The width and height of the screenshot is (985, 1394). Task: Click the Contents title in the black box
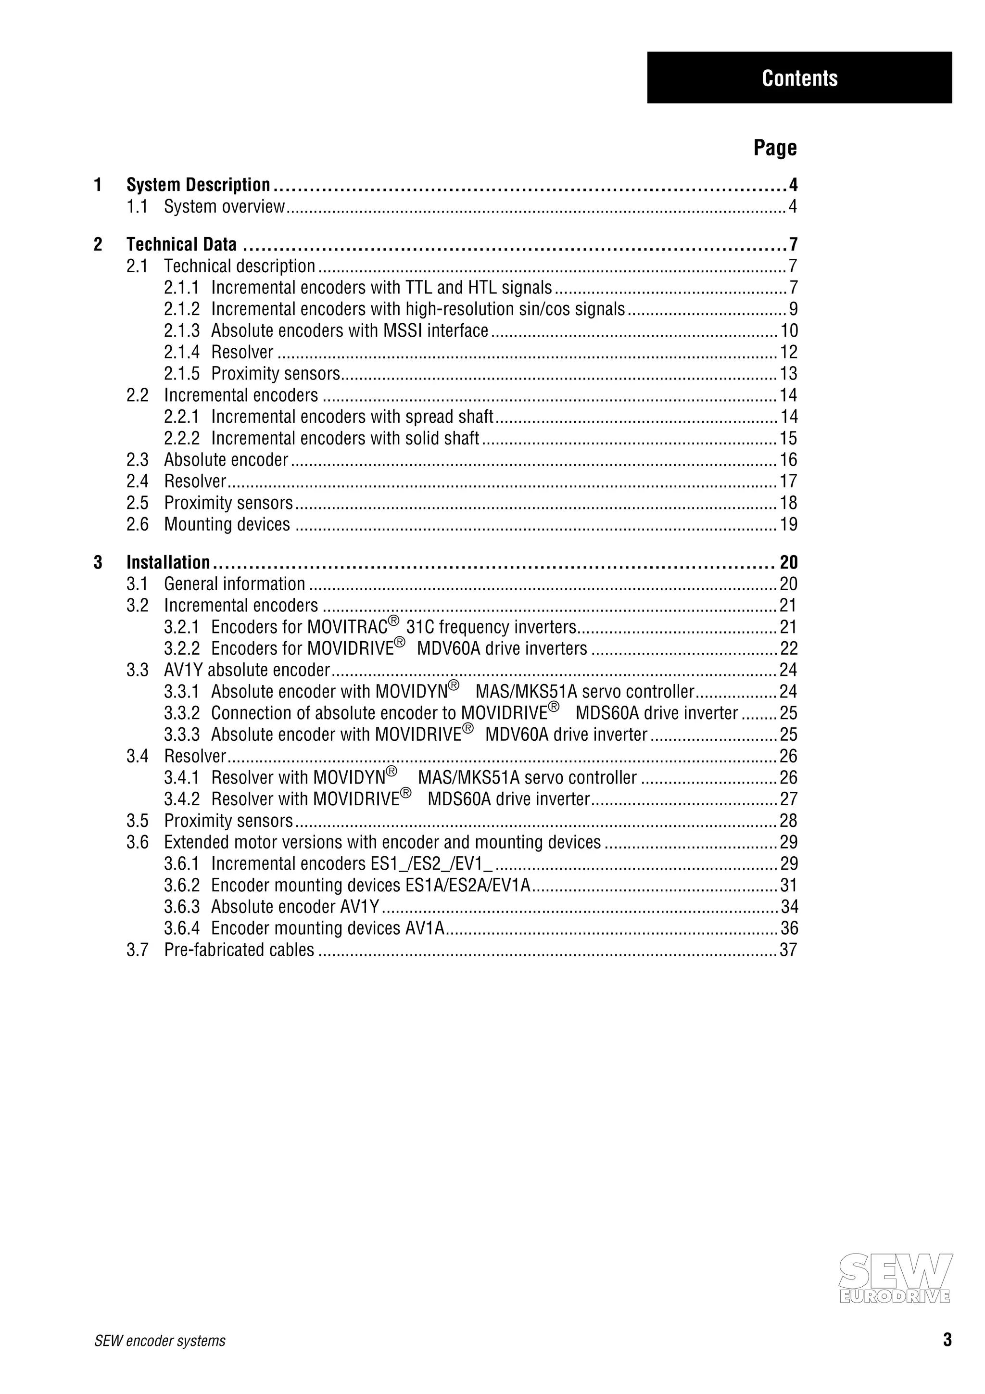point(799,78)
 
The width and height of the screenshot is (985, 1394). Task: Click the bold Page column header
point(775,148)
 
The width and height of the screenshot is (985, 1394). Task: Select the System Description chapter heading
point(198,185)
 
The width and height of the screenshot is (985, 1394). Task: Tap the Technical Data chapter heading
point(181,244)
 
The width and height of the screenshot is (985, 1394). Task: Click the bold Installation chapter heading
point(168,562)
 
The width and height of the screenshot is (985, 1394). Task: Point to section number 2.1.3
point(181,331)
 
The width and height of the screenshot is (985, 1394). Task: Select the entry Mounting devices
point(227,525)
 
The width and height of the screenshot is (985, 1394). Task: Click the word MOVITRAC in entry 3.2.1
point(347,627)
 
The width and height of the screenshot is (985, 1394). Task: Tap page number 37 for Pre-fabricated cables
point(788,950)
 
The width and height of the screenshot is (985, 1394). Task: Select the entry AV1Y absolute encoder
point(246,670)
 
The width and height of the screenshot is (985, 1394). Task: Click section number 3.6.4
point(181,928)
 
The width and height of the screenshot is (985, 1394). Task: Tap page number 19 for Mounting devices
point(788,525)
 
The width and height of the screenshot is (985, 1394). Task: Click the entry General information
point(234,584)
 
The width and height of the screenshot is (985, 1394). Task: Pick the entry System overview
point(224,207)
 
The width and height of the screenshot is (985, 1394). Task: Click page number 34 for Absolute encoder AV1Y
point(788,907)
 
